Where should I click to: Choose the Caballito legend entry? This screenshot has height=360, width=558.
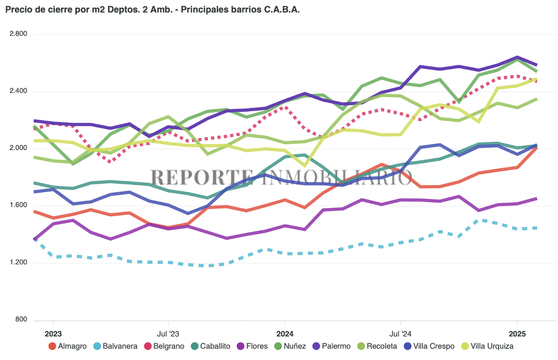[x=210, y=346]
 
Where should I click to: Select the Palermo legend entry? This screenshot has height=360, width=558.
[x=331, y=346]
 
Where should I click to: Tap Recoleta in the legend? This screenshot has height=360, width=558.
[x=377, y=346]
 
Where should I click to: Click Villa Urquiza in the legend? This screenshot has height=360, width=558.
[x=487, y=346]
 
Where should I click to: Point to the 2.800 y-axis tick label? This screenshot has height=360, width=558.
[x=18, y=34]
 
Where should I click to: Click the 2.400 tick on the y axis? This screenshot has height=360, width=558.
[x=18, y=91]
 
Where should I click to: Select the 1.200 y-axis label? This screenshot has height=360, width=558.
[x=18, y=263]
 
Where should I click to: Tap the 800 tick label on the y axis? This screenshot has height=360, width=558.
[x=21, y=320]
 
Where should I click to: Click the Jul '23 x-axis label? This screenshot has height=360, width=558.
[x=168, y=334]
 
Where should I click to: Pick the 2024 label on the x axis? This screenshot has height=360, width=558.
[x=284, y=334]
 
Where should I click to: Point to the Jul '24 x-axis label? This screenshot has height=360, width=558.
[x=401, y=334]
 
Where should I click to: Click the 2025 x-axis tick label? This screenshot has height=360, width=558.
[x=517, y=334]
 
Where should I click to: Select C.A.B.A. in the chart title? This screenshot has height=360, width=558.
[x=282, y=10]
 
